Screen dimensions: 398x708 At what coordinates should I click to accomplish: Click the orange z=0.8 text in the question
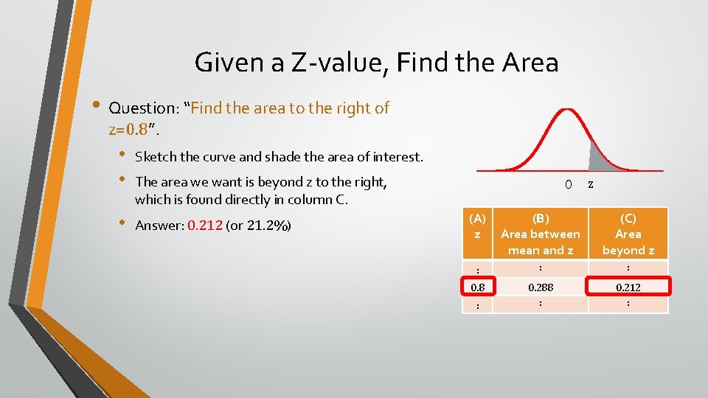point(131,130)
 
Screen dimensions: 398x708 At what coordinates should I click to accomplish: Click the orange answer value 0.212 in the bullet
point(205,225)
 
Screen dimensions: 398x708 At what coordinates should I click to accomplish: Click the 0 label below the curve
point(568,184)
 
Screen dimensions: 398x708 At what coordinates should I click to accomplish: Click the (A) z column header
point(477,226)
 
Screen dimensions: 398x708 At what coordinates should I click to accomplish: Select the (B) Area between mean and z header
point(541,234)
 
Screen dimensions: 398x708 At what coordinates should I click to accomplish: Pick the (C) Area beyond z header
point(628,234)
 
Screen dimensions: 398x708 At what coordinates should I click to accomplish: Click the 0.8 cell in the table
point(477,285)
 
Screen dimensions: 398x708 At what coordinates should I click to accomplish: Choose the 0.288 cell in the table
point(541,285)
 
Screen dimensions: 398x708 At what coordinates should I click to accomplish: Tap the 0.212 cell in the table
point(628,285)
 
